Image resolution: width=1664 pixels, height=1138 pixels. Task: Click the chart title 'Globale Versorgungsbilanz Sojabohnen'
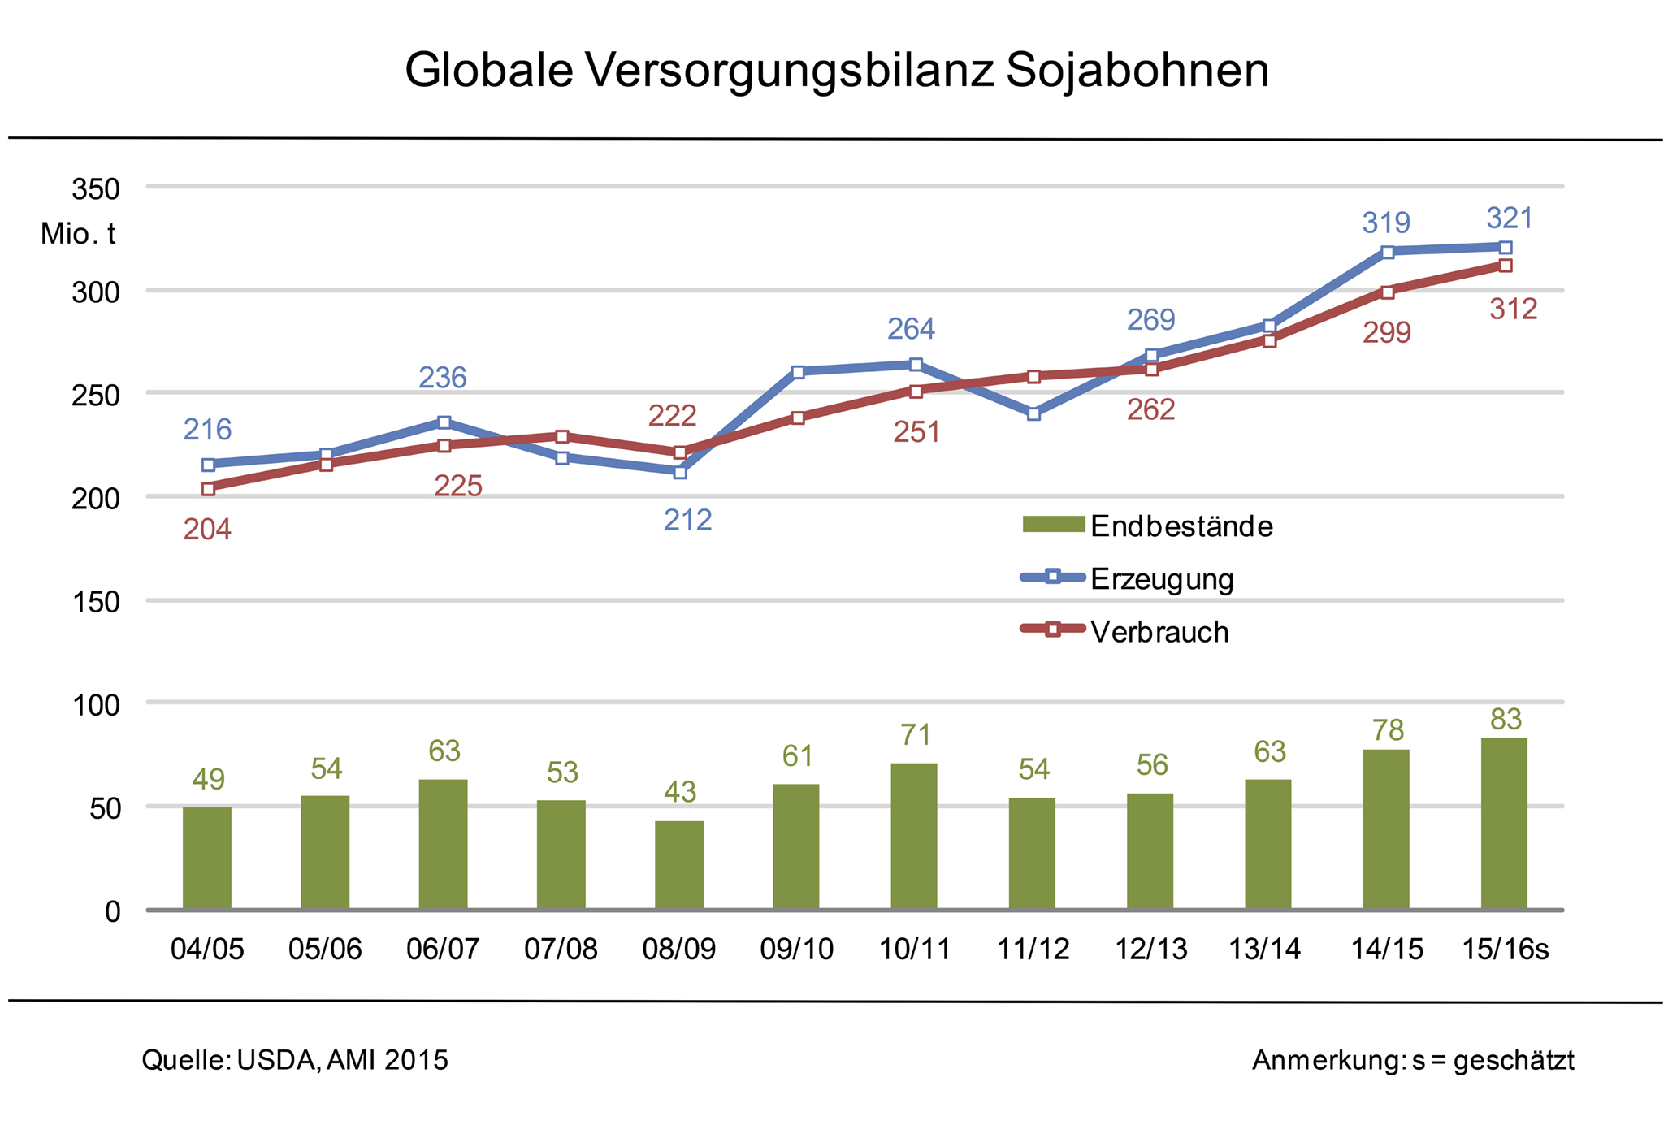tap(836, 71)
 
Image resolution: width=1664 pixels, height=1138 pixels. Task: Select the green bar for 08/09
tap(679, 865)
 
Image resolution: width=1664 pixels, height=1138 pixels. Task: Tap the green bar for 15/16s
tap(1504, 824)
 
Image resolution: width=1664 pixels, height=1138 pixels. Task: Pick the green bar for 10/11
tap(914, 836)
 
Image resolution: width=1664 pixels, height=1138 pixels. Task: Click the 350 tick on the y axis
tap(96, 189)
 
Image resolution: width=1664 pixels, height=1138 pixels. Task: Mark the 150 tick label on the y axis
tap(96, 602)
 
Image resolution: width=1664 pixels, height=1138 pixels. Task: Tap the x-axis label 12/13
tap(1150, 949)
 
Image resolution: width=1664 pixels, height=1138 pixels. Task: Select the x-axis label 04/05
tap(207, 949)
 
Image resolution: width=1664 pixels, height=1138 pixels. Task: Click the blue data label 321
tap(1510, 219)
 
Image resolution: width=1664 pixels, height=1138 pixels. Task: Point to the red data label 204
tap(207, 530)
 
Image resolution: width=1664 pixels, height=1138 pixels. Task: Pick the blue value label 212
tap(687, 520)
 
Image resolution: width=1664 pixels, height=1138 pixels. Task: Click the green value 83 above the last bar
tap(1506, 720)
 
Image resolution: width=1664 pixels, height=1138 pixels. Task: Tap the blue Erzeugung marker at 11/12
tap(1033, 414)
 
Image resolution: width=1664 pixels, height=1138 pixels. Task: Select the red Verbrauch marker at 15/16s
tap(1506, 266)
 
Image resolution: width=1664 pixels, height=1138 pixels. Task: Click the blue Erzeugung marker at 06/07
tap(444, 422)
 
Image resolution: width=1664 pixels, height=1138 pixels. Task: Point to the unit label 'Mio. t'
tap(78, 234)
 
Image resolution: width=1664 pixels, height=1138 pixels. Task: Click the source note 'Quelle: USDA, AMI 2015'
tap(295, 1060)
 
